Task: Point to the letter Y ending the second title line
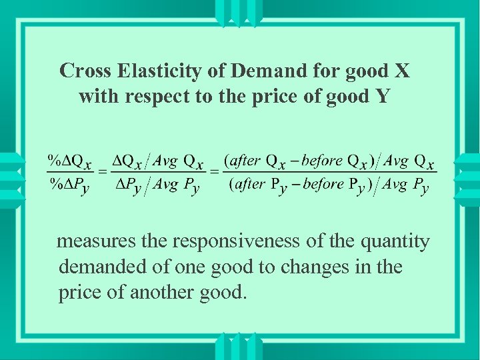click(382, 97)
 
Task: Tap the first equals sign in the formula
click(103, 172)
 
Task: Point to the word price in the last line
click(79, 293)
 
